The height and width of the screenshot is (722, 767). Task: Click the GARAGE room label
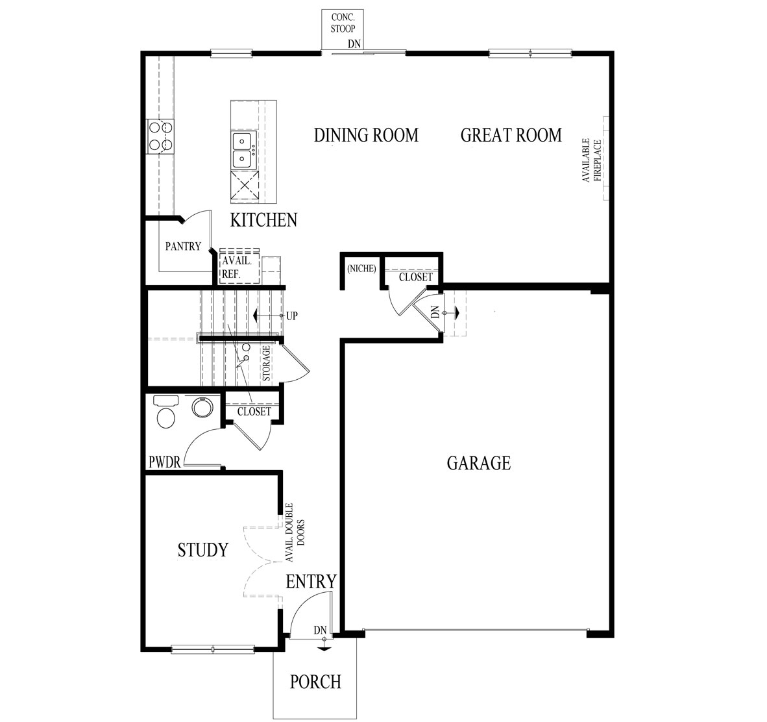pyautogui.click(x=478, y=463)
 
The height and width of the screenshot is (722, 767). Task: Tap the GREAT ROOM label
pyautogui.click(x=511, y=135)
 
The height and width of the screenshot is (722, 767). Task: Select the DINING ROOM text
pyautogui.click(x=367, y=135)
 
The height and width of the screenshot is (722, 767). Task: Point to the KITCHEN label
pyautogui.click(x=263, y=220)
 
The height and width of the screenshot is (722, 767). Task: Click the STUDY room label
pyautogui.click(x=203, y=550)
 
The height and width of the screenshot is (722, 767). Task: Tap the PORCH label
pyautogui.click(x=315, y=682)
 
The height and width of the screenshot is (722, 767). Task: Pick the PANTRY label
pyautogui.click(x=183, y=246)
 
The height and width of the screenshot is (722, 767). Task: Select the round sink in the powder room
pyautogui.click(x=202, y=407)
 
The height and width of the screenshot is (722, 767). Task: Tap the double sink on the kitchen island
pyautogui.click(x=243, y=150)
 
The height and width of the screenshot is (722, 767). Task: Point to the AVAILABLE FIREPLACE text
pyautogui.click(x=592, y=160)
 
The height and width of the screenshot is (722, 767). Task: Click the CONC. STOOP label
pyautogui.click(x=343, y=23)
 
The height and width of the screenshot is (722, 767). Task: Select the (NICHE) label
pyautogui.click(x=361, y=269)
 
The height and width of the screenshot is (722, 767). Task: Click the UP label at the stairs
pyautogui.click(x=291, y=316)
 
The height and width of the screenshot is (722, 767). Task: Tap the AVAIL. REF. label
pyautogui.click(x=237, y=268)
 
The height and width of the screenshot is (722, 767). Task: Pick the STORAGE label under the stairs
pyautogui.click(x=266, y=364)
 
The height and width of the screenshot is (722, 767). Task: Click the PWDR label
pyautogui.click(x=165, y=462)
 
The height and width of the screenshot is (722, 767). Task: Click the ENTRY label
pyautogui.click(x=311, y=582)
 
